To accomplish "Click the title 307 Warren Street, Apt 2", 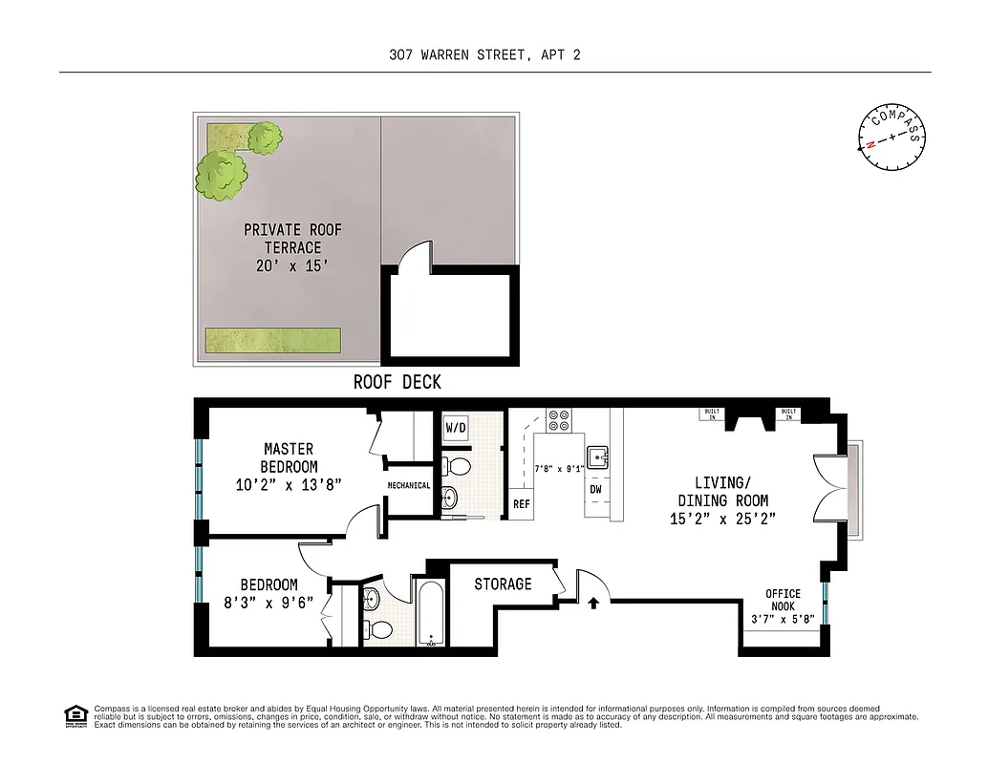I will (484, 54).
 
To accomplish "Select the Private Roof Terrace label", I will (292, 247).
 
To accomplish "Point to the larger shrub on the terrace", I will (222, 173).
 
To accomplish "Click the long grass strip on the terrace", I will (272, 339).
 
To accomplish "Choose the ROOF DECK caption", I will (397, 382).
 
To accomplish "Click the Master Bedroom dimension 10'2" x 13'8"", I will (289, 484).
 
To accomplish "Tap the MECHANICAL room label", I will (409, 485).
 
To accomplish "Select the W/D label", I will (456, 427).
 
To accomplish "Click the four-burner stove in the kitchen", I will (559, 420).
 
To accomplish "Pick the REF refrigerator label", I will (522, 503).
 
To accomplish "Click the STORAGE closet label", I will (503, 584).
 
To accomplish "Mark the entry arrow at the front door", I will (593, 603).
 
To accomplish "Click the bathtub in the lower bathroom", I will (428, 613).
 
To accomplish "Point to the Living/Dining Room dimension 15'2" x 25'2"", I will (722, 519).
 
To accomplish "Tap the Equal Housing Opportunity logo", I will (75, 714).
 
